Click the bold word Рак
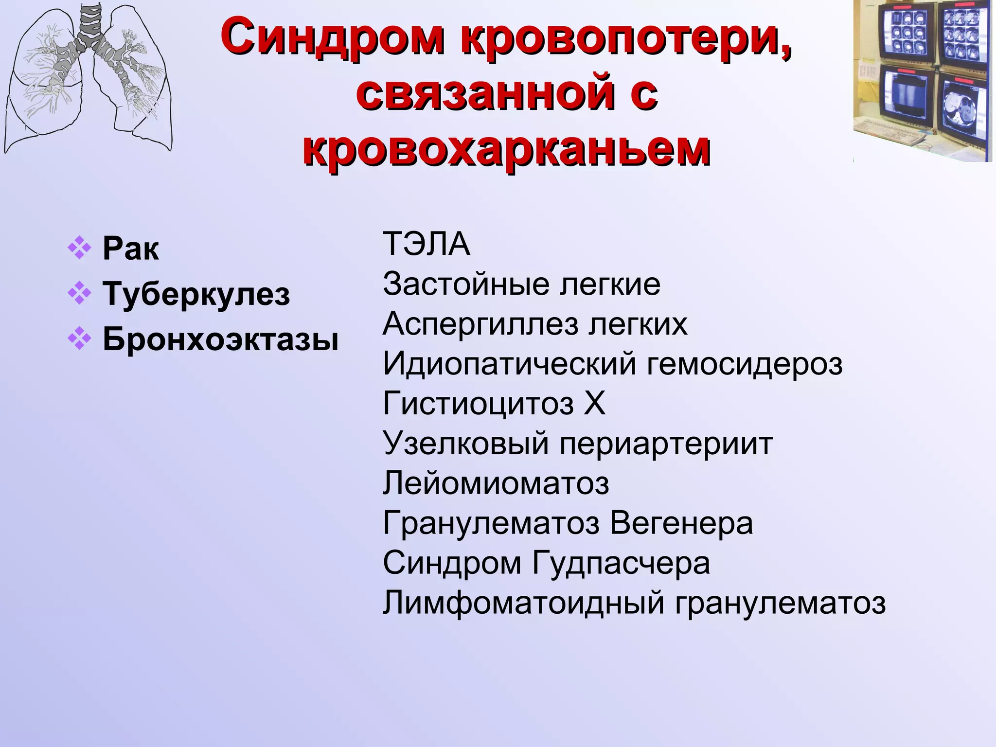pyautogui.click(x=131, y=249)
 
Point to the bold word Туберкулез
pyautogui.click(x=196, y=294)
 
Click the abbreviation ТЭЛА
pyautogui.click(x=427, y=244)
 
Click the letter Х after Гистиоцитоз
pyautogui.click(x=594, y=404)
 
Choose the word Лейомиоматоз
pyautogui.click(x=496, y=483)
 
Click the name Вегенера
pyautogui.click(x=681, y=523)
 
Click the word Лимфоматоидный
pyautogui.click(x=523, y=603)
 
